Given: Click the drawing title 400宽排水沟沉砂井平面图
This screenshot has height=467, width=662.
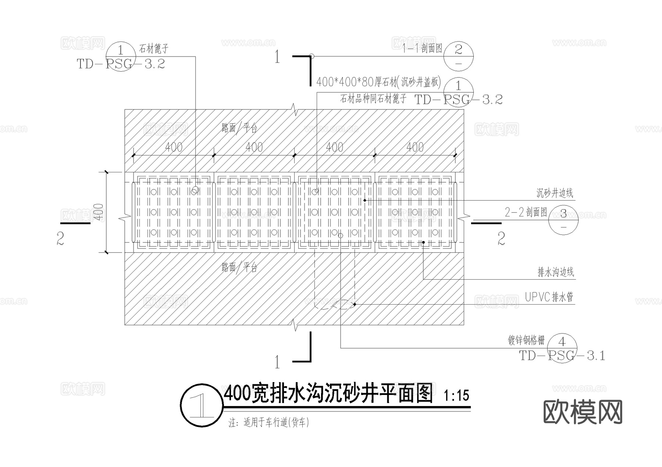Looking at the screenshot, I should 328,395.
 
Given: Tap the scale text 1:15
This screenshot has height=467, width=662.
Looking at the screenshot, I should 456,396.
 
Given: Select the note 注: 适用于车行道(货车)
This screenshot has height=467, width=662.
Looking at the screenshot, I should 269,423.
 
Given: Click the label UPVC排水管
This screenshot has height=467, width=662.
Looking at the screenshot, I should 549,297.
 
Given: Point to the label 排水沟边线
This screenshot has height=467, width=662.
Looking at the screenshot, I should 555,272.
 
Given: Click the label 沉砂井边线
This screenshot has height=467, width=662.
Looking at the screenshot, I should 554,193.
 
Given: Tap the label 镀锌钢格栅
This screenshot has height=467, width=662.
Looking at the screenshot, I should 526,341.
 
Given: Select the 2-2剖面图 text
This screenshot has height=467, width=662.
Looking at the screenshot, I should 526,212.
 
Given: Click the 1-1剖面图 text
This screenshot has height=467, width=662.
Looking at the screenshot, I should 422,48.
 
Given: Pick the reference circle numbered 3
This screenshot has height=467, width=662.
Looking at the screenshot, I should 563,219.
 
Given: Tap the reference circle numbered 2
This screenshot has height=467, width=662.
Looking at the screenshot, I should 458,56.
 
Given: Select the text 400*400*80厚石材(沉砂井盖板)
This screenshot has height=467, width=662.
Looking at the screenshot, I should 378,82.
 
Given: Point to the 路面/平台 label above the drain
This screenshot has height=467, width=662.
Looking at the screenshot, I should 239,128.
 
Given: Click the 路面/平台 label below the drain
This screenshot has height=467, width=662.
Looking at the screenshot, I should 239,267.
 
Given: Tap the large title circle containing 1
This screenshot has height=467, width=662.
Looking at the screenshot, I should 202,405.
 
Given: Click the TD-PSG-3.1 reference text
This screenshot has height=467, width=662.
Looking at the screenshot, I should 562,356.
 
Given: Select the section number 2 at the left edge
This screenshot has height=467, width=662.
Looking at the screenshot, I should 61,239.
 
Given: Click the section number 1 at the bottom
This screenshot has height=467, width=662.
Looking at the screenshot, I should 277,362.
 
